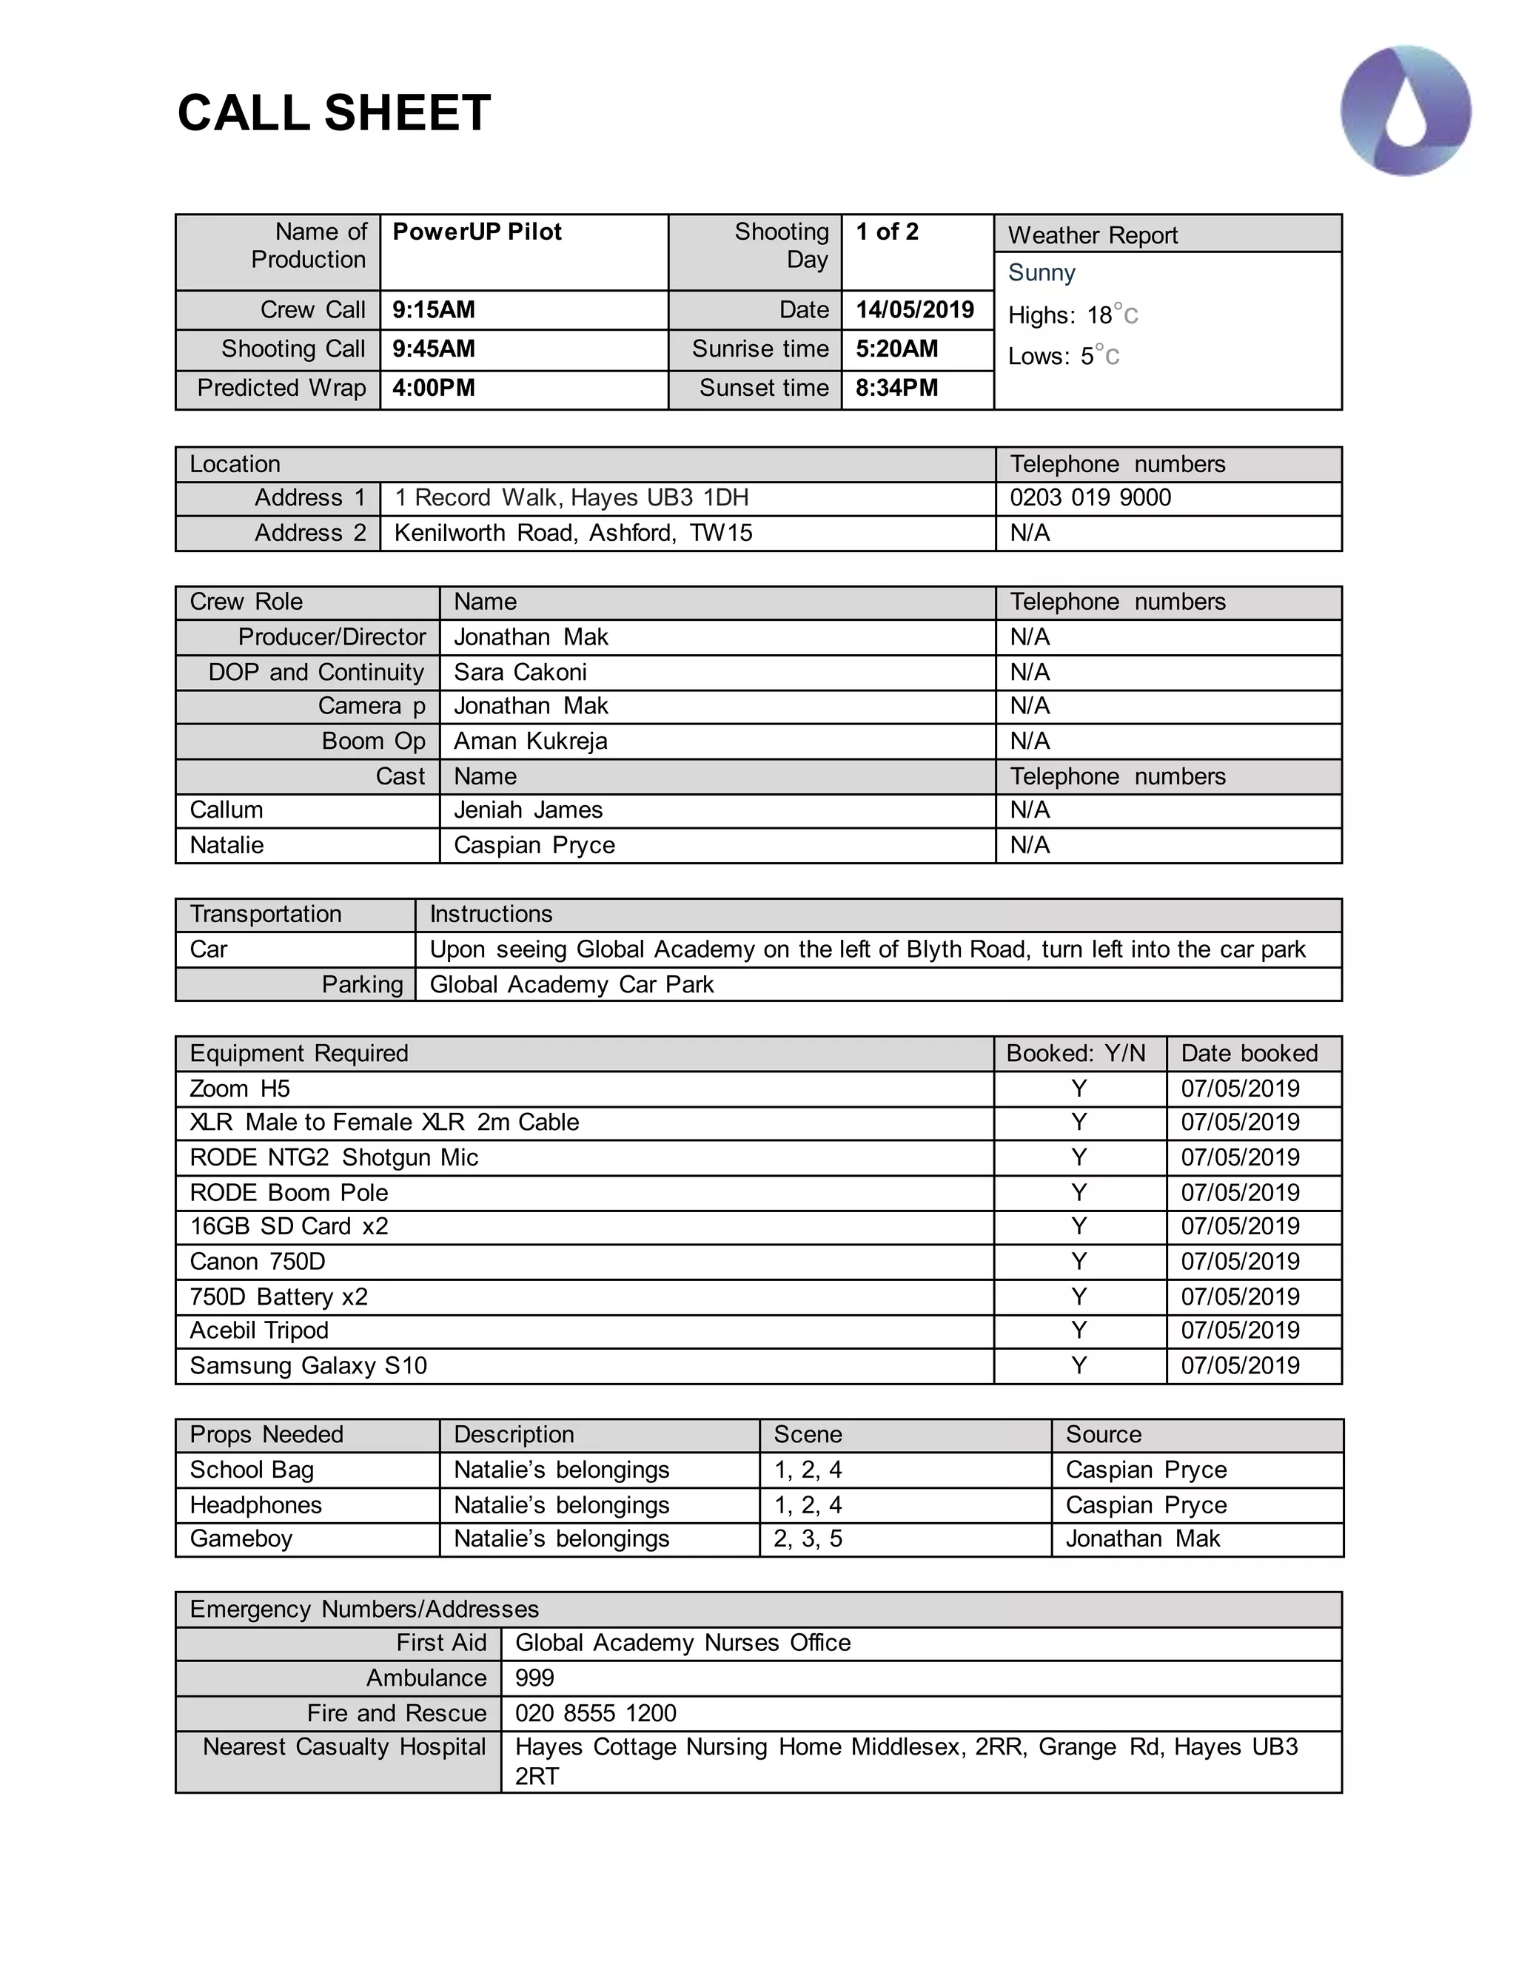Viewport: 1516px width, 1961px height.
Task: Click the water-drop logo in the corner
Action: (x=1406, y=110)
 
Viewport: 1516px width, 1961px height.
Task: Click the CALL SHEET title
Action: (x=334, y=113)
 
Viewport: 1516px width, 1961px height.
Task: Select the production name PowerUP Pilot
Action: (x=477, y=232)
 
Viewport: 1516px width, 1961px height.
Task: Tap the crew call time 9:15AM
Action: (x=434, y=310)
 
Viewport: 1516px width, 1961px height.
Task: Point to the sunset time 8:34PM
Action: (x=896, y=388)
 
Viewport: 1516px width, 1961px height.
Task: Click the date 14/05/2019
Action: (x=914, y=310)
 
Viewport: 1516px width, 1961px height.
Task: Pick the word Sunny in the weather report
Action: (x=1042, y=272)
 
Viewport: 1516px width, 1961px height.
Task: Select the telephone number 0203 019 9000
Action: (x=1090, y=497)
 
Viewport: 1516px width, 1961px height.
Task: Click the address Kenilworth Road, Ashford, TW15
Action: (x=573, y=534)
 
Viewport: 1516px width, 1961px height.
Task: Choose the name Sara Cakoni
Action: (x=520, y=673)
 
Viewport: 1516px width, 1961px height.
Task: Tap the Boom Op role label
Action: (x=374, y=741)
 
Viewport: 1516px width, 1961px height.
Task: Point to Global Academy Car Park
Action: (x=571, y=985)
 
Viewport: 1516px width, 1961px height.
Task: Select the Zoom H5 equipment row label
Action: (x=240, y=1089)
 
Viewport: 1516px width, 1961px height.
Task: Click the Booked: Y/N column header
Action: (x=1076, y=1053)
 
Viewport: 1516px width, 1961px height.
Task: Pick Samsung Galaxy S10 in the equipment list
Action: (x=308, y=1366)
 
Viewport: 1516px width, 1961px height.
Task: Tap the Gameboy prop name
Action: (x=241, y=1539)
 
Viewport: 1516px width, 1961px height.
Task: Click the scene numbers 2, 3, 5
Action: (x=808, y=1539)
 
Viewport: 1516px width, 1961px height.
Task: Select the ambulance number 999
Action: (x=534, y=1678)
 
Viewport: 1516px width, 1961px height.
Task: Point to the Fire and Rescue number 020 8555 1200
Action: (x=595, y=1713)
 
